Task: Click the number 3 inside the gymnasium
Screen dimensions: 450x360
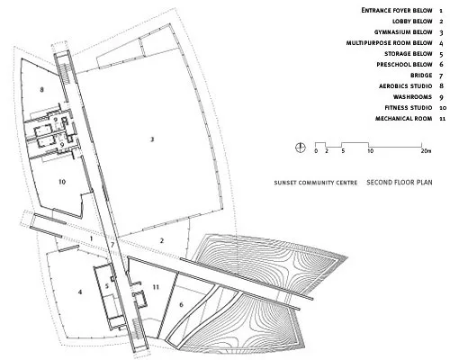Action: tap(152, 139)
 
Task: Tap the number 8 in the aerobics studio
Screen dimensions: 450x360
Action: tap(41, 89)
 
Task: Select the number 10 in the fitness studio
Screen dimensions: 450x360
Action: tap(62, 182)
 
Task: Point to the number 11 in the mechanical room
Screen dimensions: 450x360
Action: tap(156, 287)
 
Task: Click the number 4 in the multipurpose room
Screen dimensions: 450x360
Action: tap(80, 292)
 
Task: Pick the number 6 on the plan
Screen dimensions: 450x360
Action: tap(181, 305)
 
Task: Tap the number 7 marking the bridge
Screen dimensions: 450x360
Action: tap(112, 245)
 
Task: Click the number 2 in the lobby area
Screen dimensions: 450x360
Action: tap(162, 240)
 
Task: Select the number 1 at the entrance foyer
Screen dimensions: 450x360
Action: tap(91, 238)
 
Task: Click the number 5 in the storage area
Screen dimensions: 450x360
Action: tap(107, 286)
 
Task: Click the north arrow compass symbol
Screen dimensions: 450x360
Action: tap(300, 147)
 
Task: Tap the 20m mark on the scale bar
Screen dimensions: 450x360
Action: tap(426, 151)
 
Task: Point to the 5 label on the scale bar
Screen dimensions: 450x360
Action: tap(343, 151)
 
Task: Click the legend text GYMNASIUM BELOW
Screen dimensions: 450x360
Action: tap(403, 32)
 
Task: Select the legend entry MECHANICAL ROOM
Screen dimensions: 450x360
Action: tap(404, 119)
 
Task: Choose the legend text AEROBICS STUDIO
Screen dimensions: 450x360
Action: tap(406, 86)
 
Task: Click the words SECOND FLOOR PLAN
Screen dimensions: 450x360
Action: tap(400, 182)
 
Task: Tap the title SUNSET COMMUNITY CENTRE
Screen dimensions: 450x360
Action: tap(316, 183)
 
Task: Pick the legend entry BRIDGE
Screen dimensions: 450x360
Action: tap(421, 76)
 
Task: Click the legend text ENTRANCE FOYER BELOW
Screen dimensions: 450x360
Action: tap(397, 10)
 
